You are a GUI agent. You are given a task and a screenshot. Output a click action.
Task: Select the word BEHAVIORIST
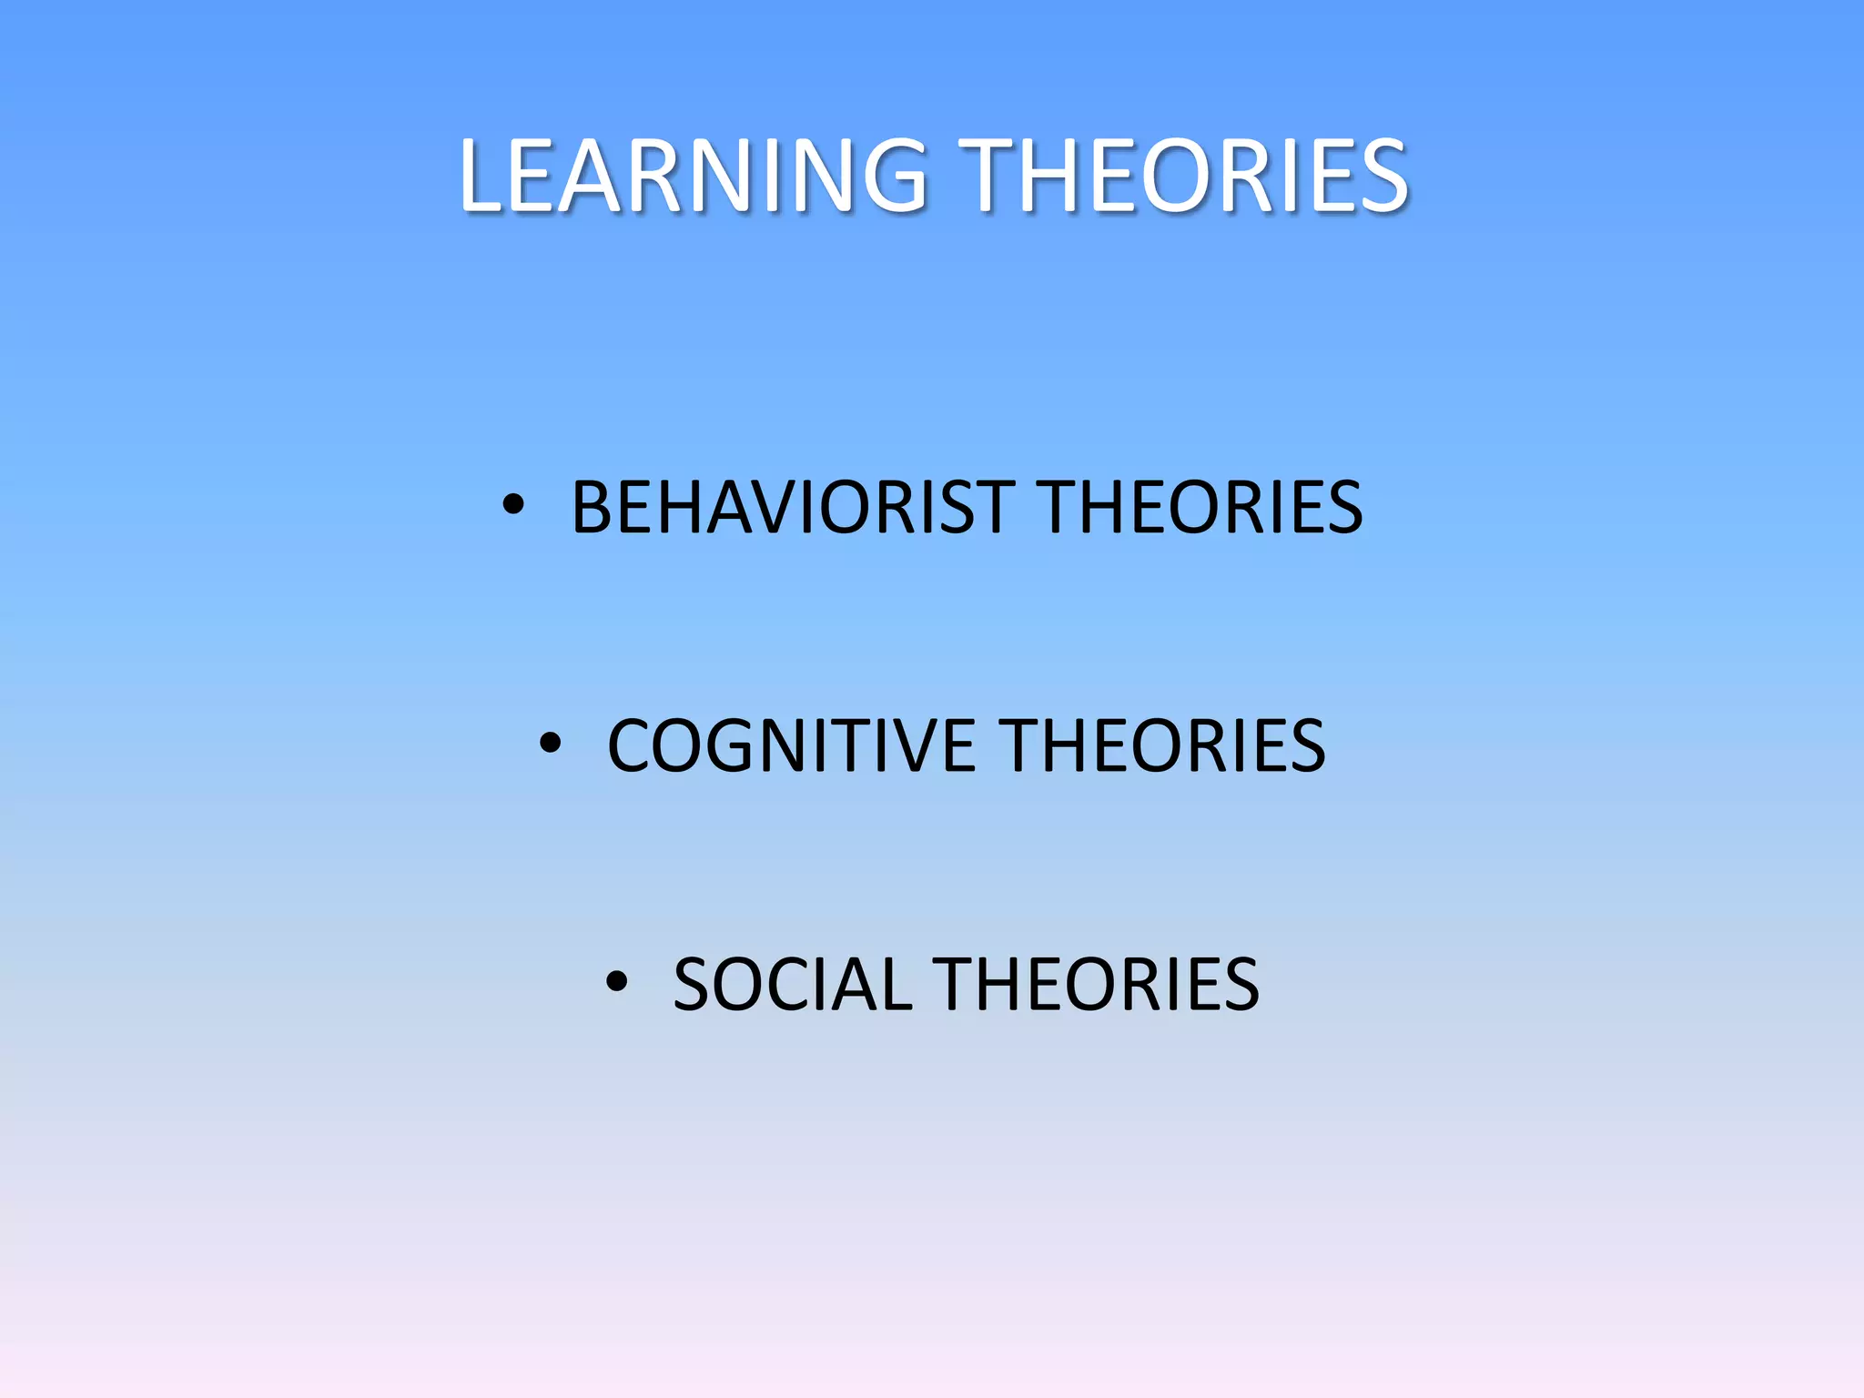pos(793,507)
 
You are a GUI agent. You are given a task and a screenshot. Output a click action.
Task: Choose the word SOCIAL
pos(792,984)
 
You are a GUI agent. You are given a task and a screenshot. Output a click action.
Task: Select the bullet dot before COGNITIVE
pos(550,744)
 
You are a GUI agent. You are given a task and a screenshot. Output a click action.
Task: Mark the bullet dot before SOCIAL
pos(616,982)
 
